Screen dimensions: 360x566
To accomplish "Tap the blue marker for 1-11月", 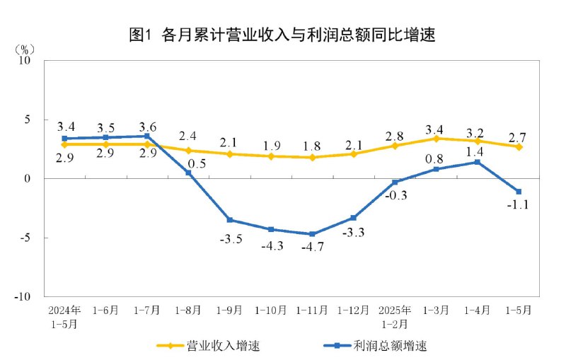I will click(312, 234).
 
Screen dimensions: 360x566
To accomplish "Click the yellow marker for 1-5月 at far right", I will click(519, 146).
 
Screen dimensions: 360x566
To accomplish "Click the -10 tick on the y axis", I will click(25, 297).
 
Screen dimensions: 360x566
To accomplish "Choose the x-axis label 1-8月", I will click(188, 310).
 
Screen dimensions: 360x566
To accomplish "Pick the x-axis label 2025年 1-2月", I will click(395, 315).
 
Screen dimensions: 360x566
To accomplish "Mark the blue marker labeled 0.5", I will click(188, 173).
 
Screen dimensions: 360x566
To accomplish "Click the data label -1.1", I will click(519, 205).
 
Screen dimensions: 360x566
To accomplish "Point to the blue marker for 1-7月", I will click(147, 136).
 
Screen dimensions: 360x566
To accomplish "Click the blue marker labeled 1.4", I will click(478, 162).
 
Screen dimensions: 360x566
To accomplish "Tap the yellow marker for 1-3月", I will click(436, 139).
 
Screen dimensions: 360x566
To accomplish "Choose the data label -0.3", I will click(395, 195).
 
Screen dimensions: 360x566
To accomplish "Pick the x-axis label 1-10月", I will click(271, 310).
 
